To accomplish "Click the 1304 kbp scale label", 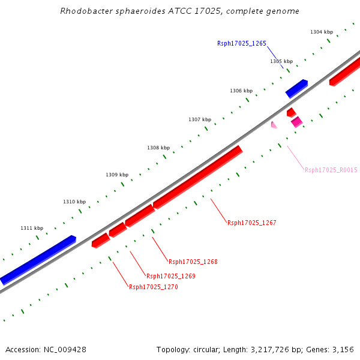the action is [321, 32].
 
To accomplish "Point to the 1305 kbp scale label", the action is [281, 61].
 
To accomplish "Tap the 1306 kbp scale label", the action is [241, 91].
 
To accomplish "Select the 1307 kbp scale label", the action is [199, 119].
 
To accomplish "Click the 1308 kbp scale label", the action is [158, 148].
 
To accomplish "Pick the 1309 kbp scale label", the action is [116, 175].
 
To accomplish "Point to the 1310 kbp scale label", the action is [74, 202].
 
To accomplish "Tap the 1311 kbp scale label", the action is [32, 228].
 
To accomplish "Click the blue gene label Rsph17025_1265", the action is [241, 43].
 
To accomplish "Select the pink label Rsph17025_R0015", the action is [331, 170].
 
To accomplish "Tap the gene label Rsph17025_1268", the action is [193, 262].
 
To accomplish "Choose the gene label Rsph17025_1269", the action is [170, 276].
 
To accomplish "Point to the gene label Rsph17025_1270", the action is [153, 287].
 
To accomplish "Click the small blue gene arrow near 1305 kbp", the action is [296, 88].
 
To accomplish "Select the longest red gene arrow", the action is [197, 177].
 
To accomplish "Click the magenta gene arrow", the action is [296, 122].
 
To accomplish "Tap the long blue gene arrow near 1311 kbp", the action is [38, 259].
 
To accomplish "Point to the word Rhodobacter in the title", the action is [83, 11].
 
